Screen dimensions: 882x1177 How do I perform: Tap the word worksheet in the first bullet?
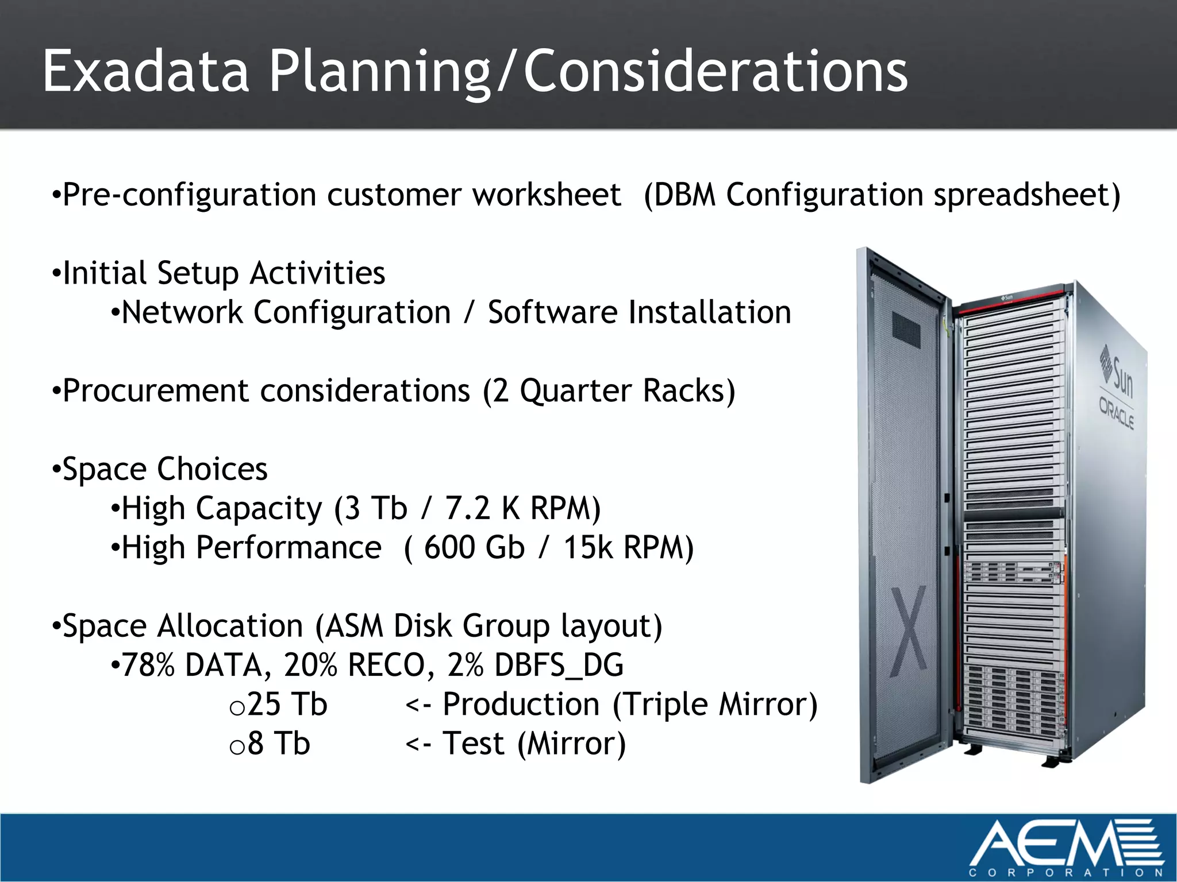tap(547, 195)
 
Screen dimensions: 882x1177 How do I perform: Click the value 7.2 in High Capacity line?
tap(467, 508)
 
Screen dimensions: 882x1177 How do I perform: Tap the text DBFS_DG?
tap(559, 665)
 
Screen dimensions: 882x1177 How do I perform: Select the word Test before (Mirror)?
tap(474, 744)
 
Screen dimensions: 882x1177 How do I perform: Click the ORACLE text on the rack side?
tap(1116, 413)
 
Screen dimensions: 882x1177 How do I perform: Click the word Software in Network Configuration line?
tap(552, 313)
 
